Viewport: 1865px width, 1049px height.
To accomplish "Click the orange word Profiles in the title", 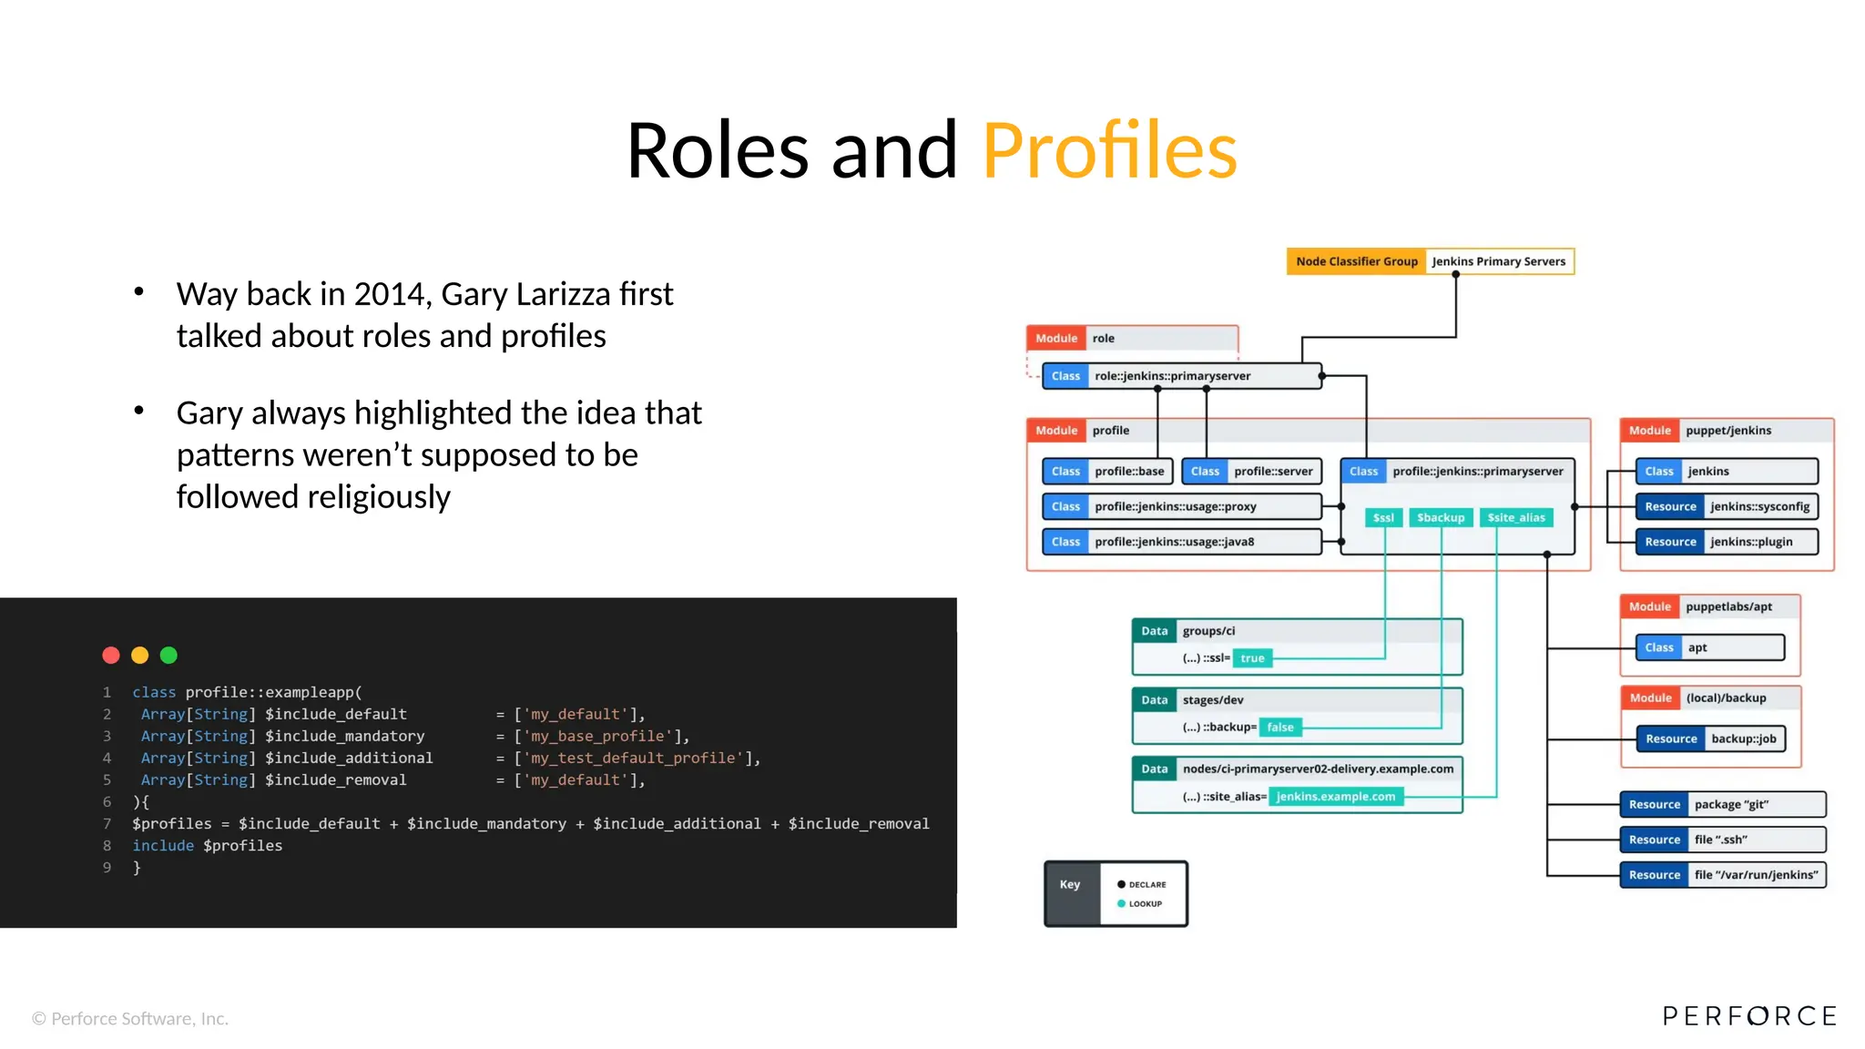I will (1109, 150).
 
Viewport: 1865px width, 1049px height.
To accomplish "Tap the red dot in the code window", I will (111, 655).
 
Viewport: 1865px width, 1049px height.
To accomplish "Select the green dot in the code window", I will (168, 655).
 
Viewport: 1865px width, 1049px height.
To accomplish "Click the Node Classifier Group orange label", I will (1356, 261).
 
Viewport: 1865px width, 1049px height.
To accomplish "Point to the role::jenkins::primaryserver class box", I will (1181, 376).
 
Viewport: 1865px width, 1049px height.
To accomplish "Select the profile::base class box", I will (1107, 471).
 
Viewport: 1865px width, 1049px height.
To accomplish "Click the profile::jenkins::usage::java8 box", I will (1181, 542).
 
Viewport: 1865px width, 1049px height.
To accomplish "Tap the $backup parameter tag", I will (1440, 517).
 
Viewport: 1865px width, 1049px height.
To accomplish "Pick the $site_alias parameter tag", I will (1515, 517).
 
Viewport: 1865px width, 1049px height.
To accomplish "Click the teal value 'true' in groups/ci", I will (1252, 658).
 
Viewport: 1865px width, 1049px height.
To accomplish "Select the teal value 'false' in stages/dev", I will (1279, 727).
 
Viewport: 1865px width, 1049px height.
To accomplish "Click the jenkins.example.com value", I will (1335, 797).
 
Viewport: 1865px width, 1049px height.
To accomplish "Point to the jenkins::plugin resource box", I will (1727, 542).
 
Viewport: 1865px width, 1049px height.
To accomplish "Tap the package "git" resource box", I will (1722, 804).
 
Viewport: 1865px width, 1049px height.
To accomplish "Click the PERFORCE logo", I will (1748, 1015).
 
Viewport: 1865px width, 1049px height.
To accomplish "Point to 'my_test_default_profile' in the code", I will (637, 758).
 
